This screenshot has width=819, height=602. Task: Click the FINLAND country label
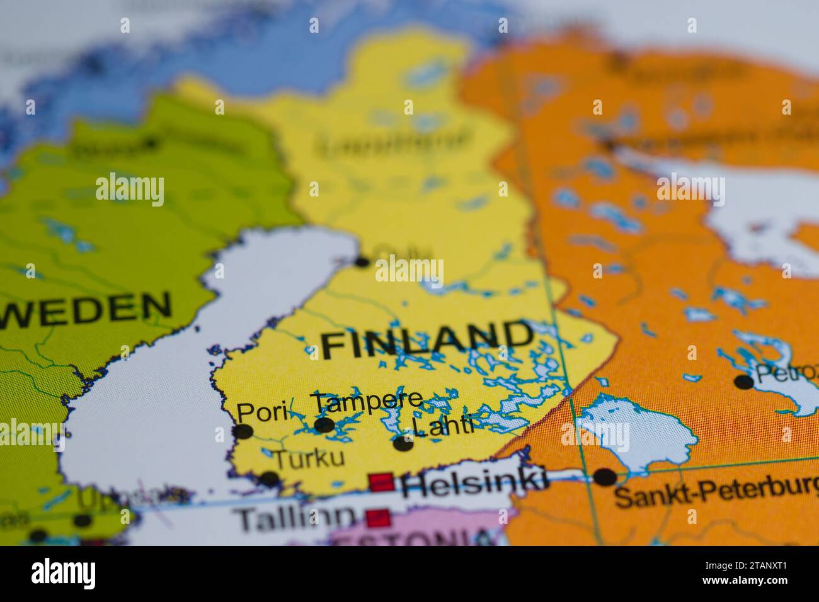427,340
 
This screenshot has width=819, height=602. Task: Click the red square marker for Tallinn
378,519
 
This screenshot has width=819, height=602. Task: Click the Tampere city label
368,401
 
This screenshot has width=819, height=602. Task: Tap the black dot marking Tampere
324,425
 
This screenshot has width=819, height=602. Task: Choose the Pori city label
263,413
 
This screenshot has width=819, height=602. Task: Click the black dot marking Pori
243,431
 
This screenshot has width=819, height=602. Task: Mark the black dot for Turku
270,479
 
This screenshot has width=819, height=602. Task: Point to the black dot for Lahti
403,443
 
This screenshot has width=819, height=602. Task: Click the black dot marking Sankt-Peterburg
605,477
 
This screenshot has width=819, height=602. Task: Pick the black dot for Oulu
362,262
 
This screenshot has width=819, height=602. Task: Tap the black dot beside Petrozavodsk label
744,382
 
